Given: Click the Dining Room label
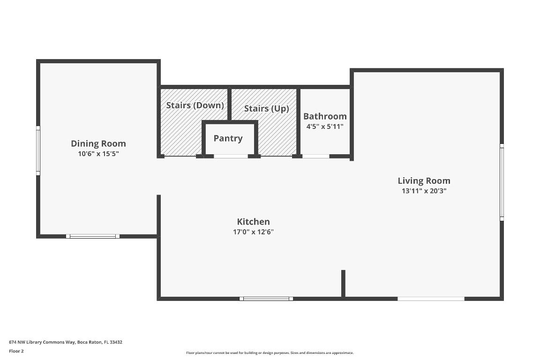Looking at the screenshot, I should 98,143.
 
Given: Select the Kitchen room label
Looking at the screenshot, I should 253,222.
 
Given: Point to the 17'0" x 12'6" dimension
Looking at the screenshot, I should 253,232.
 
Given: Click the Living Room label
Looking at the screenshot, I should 424,180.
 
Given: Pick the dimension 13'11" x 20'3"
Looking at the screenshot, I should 424,191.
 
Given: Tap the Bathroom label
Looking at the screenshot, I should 325,116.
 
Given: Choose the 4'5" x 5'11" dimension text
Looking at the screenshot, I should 325,126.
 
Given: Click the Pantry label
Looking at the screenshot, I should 228,138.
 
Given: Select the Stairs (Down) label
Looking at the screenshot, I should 195,105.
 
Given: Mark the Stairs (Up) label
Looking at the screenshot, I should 266,108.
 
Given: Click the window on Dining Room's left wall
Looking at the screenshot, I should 38,150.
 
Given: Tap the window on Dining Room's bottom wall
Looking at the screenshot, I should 93,236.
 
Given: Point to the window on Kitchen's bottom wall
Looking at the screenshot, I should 266,299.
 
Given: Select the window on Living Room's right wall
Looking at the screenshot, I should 502,182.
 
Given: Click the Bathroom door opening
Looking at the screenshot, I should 315,156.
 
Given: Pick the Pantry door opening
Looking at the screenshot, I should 231,156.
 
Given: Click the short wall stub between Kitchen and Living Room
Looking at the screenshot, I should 343,283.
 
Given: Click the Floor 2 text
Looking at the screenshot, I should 16,351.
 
